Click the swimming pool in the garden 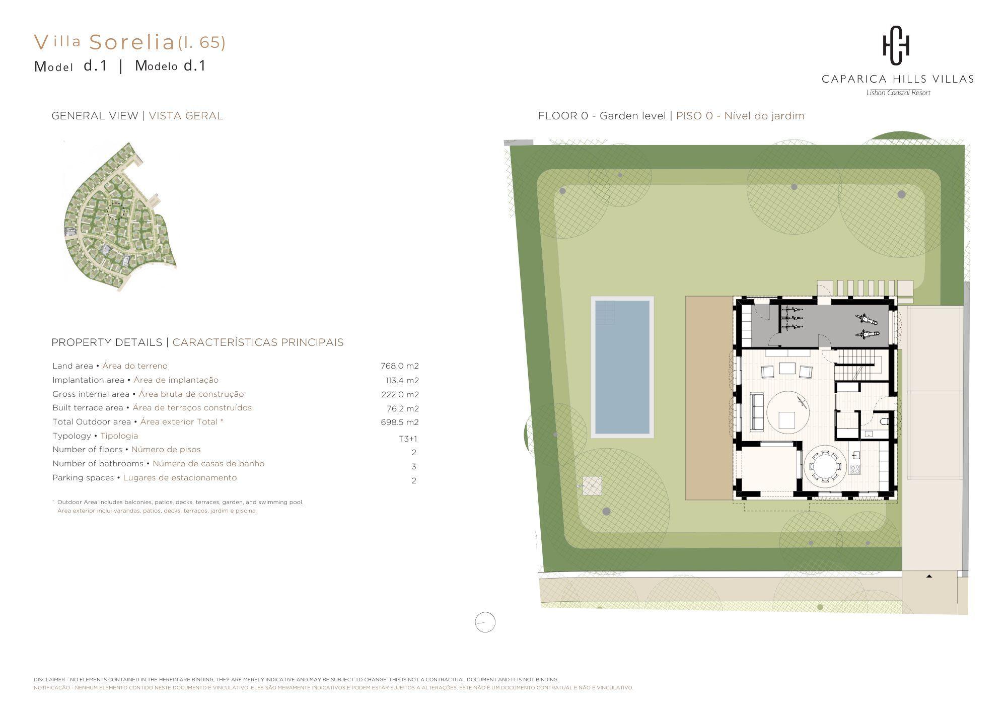(622, 367)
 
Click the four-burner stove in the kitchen (855, 469)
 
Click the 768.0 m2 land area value (400, 366)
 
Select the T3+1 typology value (408, 439)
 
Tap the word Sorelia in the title (132, 43)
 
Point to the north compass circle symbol (485, 622)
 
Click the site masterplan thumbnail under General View (121, 217)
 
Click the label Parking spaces (83, 478)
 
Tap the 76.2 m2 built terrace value (403, 408)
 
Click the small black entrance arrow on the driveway (929, 576)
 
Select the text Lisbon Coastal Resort (898, 93)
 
